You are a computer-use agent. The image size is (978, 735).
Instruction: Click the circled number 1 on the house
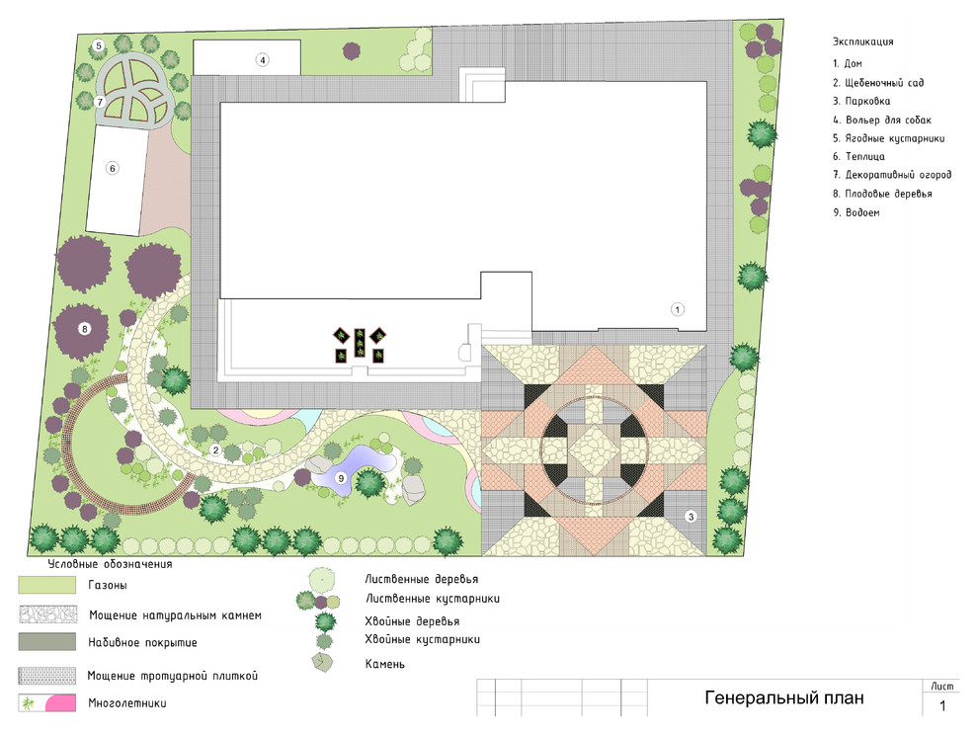(678, 309)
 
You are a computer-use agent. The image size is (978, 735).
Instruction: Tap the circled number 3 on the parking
(691, 516)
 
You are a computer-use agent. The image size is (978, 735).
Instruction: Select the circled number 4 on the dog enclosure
(263, 60)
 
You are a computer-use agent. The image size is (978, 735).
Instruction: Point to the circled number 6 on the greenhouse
(113, 168)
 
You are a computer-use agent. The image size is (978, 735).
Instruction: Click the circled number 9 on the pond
(341, 478)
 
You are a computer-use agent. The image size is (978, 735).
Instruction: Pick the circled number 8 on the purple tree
(84, 329)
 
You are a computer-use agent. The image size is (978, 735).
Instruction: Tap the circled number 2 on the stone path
(215, 449)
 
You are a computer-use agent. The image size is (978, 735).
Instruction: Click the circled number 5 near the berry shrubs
(98, 45)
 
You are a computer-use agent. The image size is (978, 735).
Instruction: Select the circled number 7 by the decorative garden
(100, 102)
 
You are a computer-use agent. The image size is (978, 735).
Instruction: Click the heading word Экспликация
(862, 41)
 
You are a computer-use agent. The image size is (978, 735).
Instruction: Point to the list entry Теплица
(858, 157)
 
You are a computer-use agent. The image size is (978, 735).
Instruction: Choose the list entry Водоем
(856, 212)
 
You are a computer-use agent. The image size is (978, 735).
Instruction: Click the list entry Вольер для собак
(882, 120)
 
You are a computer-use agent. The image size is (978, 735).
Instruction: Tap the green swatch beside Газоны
(46, 585)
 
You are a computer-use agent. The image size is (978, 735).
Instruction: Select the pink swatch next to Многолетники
(60, 703)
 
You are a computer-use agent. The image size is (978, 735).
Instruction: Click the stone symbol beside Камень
(322, 662)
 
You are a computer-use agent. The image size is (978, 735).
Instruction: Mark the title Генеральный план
(784, 697)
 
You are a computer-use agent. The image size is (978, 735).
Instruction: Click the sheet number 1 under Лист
(942, 705)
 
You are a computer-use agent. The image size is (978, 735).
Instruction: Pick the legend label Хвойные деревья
(412, 621)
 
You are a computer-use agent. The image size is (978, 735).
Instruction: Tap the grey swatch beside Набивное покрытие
(46, 642)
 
